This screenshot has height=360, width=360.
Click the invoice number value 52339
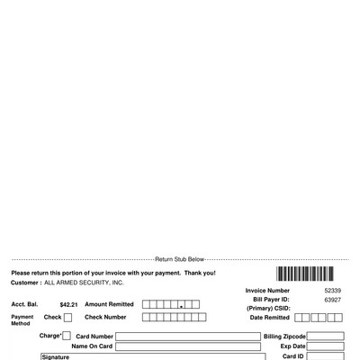coord(332,291)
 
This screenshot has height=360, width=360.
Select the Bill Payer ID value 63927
coord(332,300)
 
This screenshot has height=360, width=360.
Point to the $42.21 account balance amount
coord(68,305)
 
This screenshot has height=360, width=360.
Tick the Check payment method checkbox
coord(67,318)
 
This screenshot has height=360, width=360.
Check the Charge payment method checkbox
coord(67,336)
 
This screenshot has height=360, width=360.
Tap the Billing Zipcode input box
coord(325,337)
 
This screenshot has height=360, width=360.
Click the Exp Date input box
coord(325,346)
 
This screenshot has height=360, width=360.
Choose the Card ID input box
coord(325,356)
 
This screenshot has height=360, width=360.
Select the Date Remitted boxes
coord(319,318)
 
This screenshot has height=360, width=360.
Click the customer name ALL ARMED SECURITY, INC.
coord(84,283)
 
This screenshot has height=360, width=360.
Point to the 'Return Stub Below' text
coord(180,259)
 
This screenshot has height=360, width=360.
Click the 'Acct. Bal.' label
coord(24,305)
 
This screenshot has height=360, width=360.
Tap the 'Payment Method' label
coord(22,320)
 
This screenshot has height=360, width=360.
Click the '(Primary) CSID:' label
coord(268,309)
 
